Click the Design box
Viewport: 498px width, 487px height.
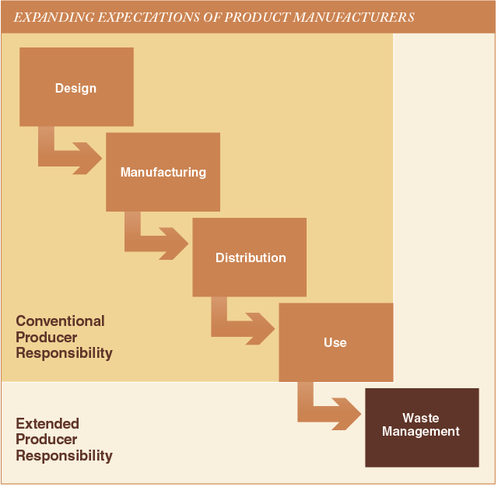click(x=76, y=87)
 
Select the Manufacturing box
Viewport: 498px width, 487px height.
click(x=163, y=172)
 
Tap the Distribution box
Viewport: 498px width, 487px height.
click(x=250, y=258)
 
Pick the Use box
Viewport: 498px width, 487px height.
click(x=336, y=342)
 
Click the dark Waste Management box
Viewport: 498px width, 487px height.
click(x=422, y=428)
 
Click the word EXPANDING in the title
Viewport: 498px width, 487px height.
click(x=54, y=17)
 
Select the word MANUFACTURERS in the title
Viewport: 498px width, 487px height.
click(x=354, y=17)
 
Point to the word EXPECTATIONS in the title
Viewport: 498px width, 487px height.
click(x=149, y=17)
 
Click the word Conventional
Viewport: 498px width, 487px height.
click(x=61, y=321)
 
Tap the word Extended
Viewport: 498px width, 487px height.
click(x=47, y=423)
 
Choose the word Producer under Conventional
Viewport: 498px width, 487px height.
click(x=47, y=337)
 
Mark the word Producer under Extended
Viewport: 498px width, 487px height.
click(x=47, y=440)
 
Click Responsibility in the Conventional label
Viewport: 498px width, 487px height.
click(x=64, y=354)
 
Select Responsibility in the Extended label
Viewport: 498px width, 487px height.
click(x=64, y=456)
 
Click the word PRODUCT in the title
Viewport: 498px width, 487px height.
click(x=257, y=17)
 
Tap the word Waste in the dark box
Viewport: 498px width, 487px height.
click(x=421, y=418)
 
